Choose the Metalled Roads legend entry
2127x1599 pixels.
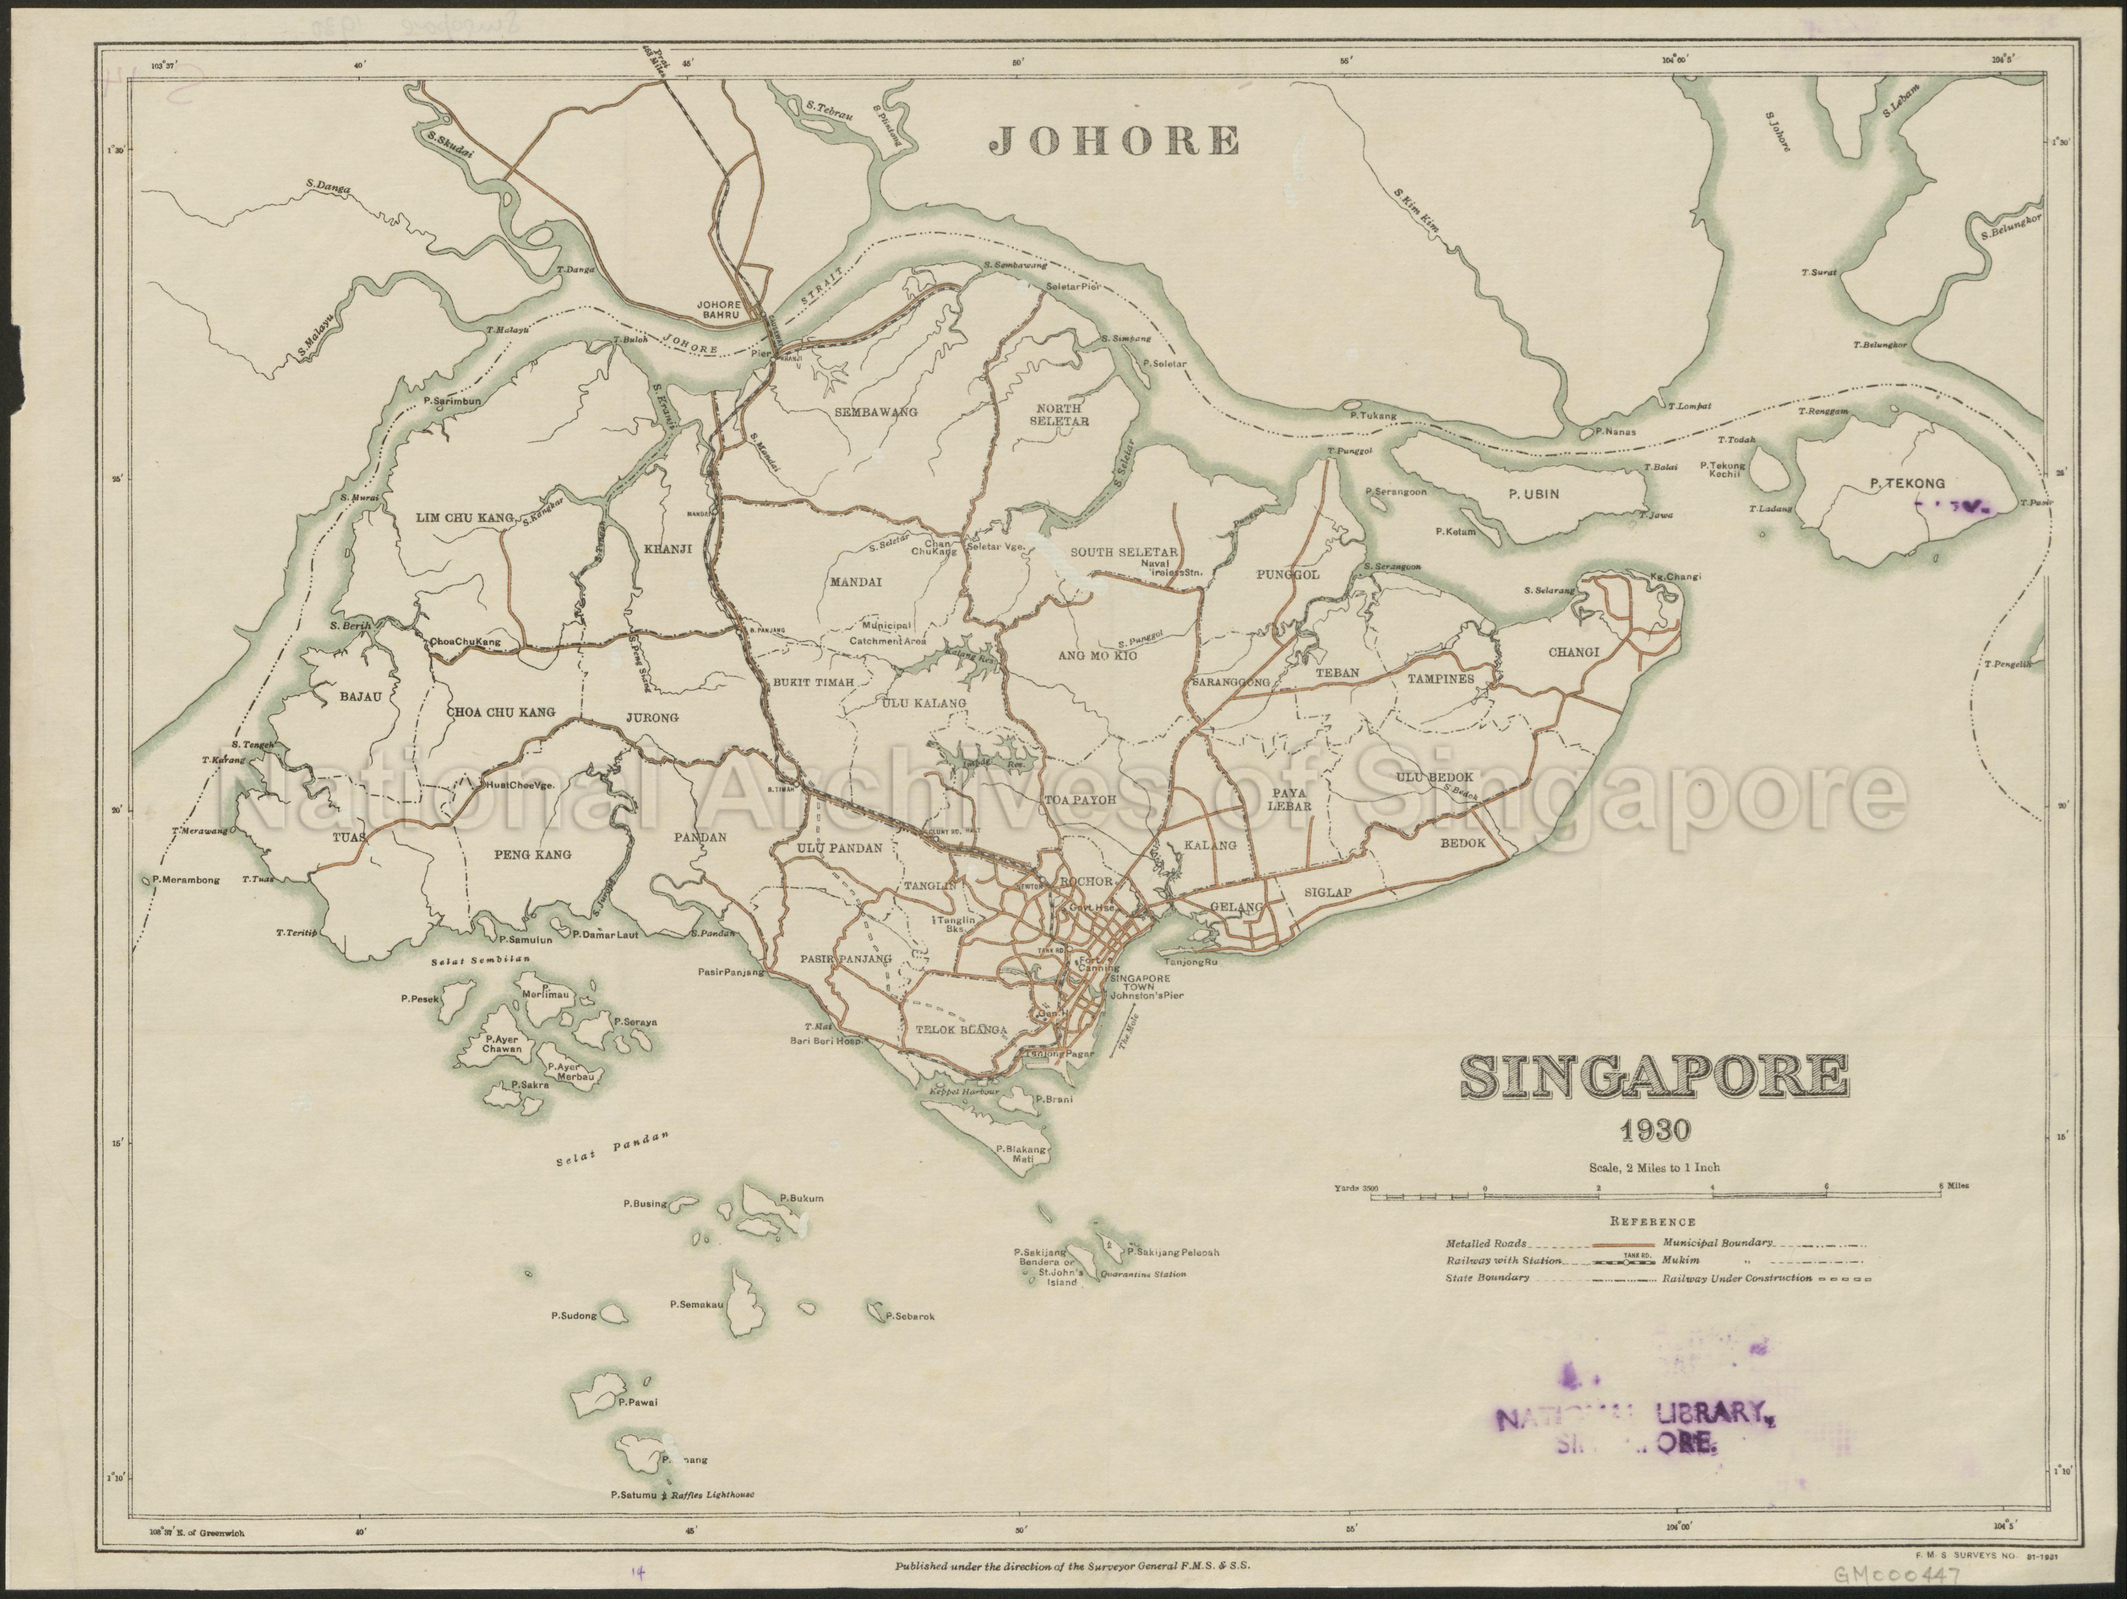[1486, 1244]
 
